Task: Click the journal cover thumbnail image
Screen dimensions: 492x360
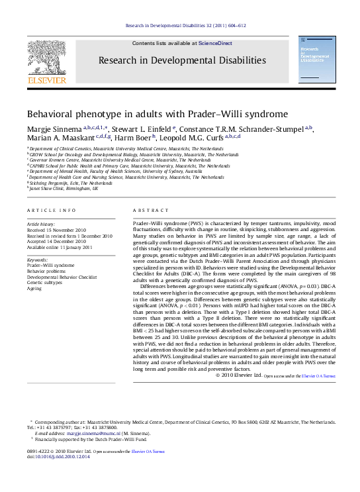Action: pos(315,63)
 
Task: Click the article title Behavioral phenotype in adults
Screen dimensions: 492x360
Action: pos(157,113)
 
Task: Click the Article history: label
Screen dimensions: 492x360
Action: pos(41,224)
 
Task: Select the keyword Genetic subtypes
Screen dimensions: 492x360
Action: pos(44,282)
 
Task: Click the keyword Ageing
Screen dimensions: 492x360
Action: pos(34,288)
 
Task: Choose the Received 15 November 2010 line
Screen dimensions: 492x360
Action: pos(58,230)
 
